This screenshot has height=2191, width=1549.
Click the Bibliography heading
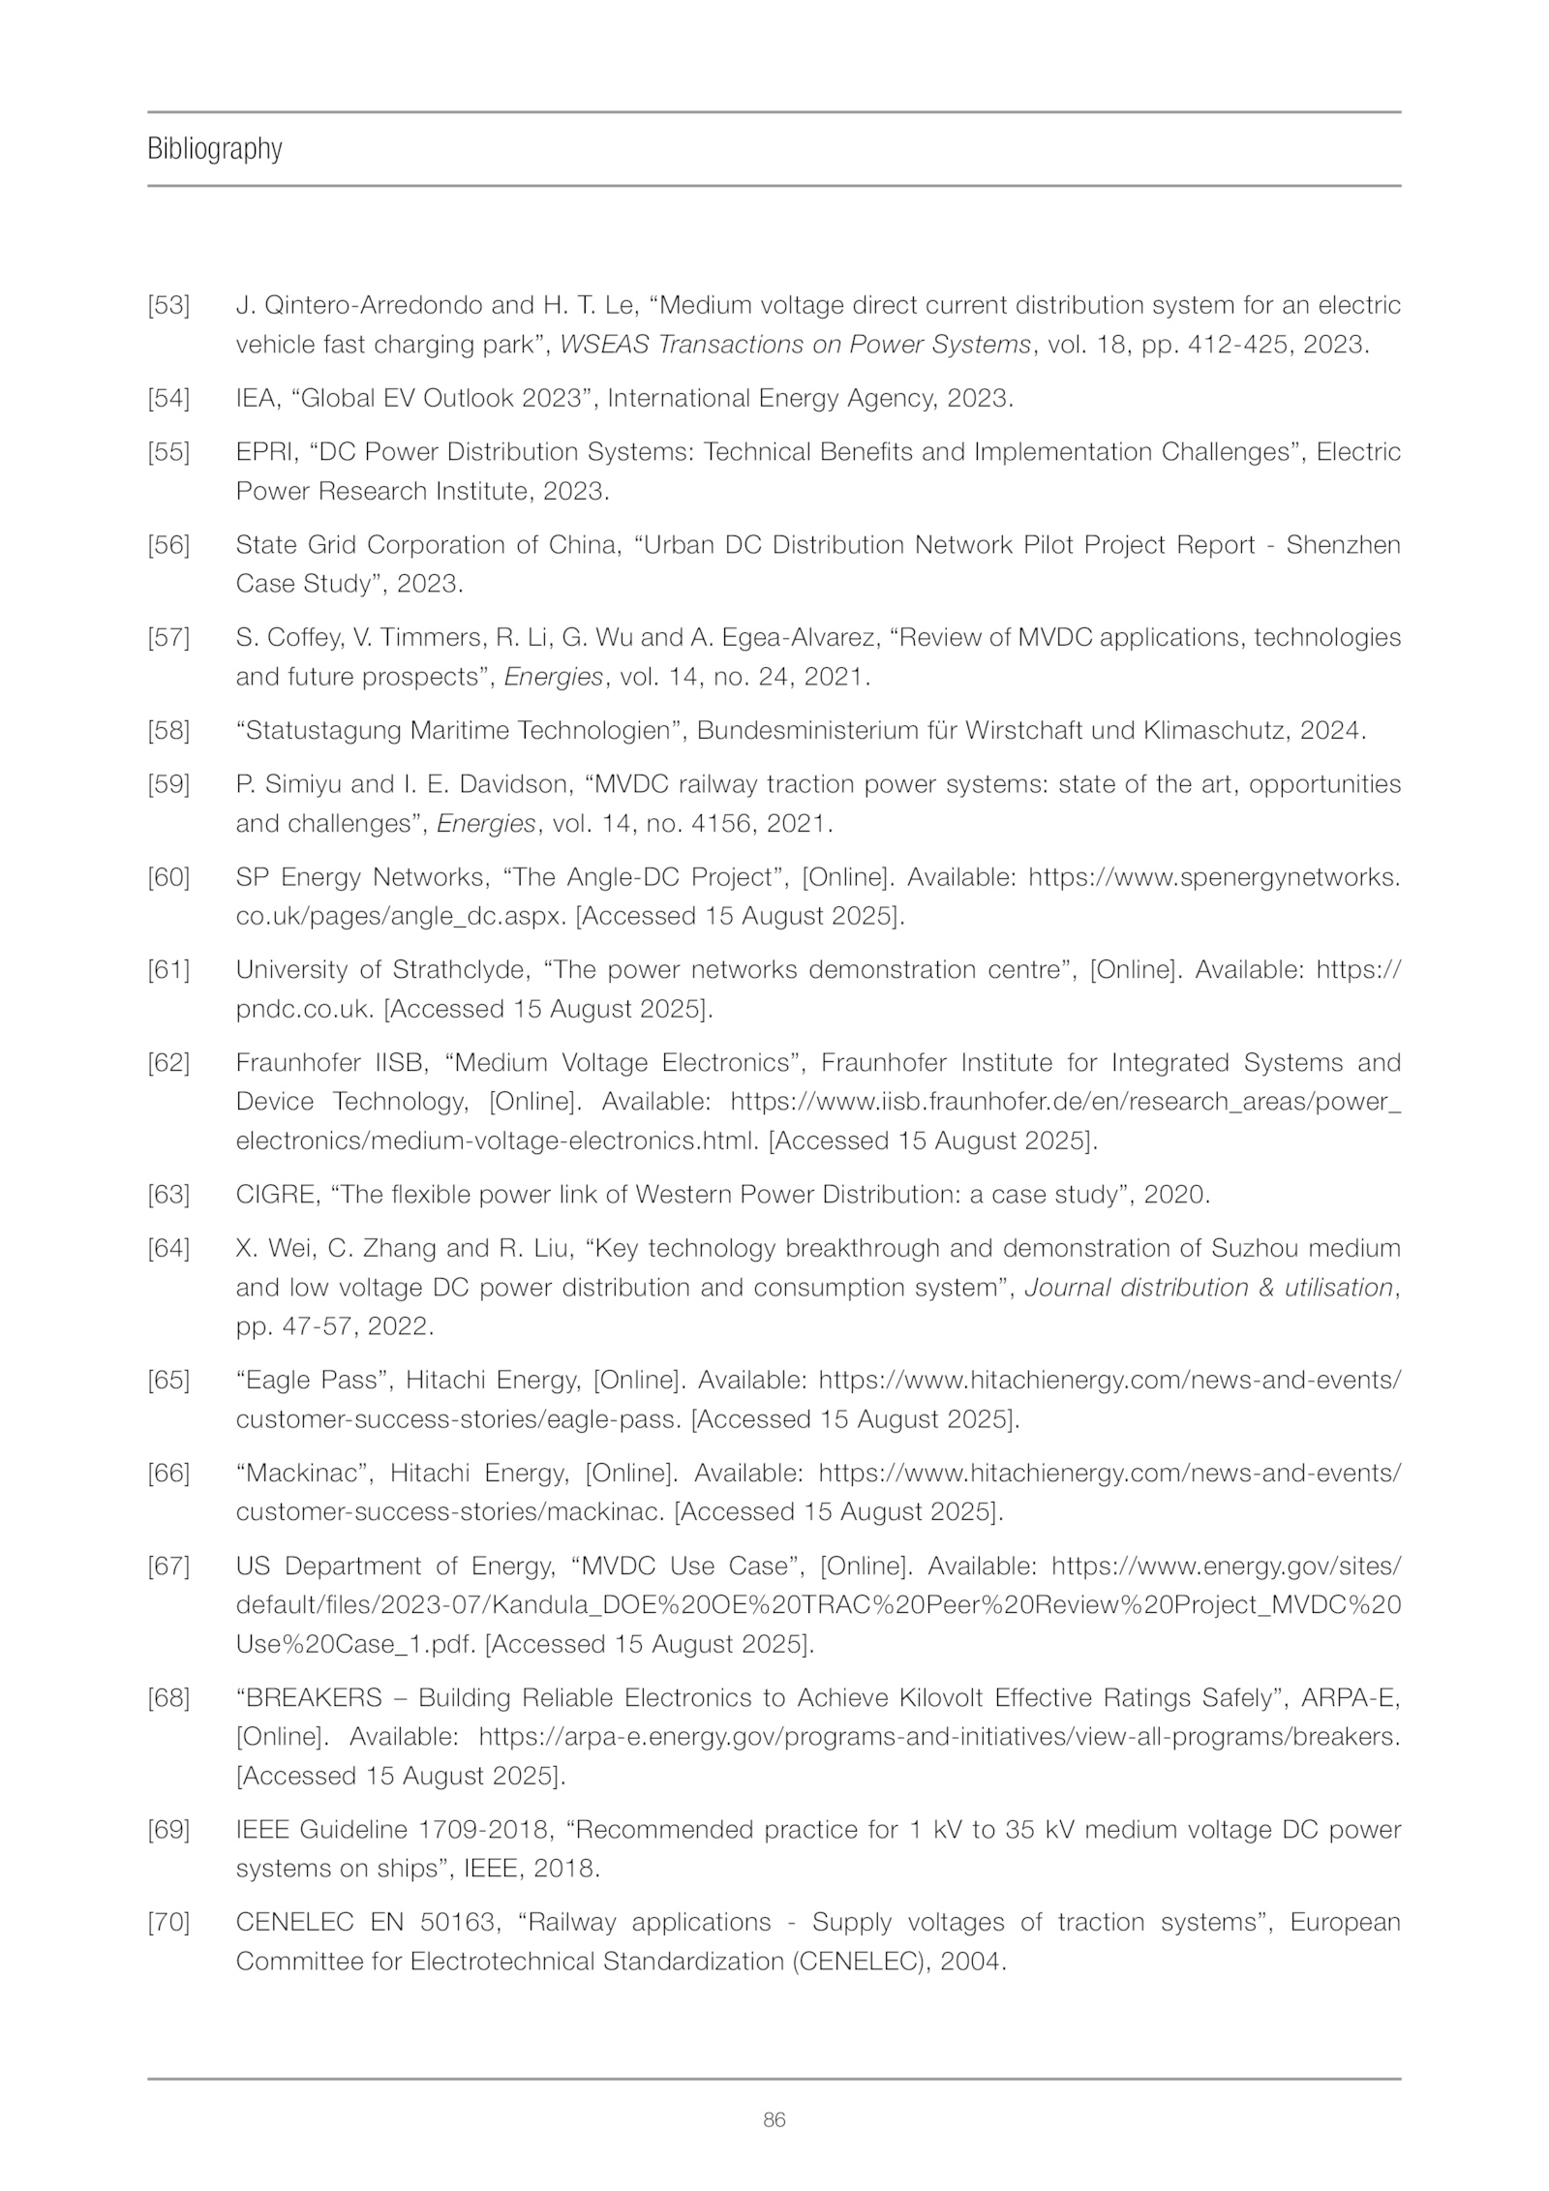pyautogui.click(x=215, y=149)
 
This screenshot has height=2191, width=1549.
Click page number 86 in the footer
pyautogui.click(x=774, y=2119)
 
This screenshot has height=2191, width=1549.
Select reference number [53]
pyautogui.click(x=168, y=306)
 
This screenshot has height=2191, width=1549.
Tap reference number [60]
pyautogui.click(x=168, y=877)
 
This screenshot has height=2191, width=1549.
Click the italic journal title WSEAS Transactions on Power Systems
pyautogui.click(x=795, y=345)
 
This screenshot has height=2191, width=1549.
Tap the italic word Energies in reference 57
pyautogui.click(x=554, y=677)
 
